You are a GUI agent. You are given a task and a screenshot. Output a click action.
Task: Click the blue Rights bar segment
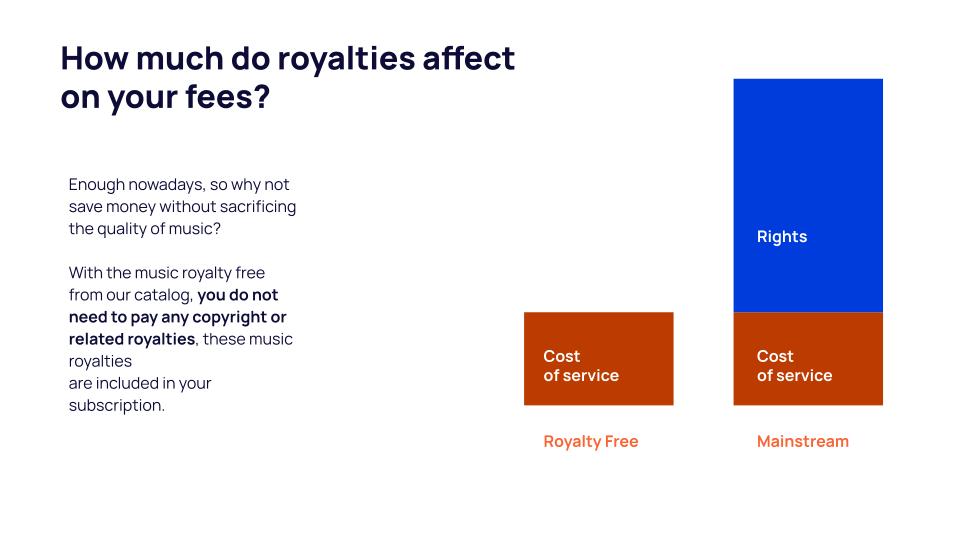pos(808,195)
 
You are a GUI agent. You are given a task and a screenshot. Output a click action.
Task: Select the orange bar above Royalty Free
pos(599,359)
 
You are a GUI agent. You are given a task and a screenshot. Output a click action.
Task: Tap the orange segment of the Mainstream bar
pos(808,359)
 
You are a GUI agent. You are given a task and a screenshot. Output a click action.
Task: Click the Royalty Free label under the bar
pos(591,442)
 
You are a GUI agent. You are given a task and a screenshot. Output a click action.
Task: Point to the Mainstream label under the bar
pos(803,441)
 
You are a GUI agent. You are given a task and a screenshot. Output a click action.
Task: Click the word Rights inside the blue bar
pos(782,237)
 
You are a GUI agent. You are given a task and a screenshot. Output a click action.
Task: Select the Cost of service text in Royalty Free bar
pos(581,366)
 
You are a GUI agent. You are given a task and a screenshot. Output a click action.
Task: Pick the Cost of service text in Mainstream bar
pos(795,366)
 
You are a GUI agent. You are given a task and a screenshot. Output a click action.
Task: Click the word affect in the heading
pos(469,58)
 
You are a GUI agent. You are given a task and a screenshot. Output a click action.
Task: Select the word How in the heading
pos(95,58)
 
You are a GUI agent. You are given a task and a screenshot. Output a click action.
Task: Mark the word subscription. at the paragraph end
pos(117,406)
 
